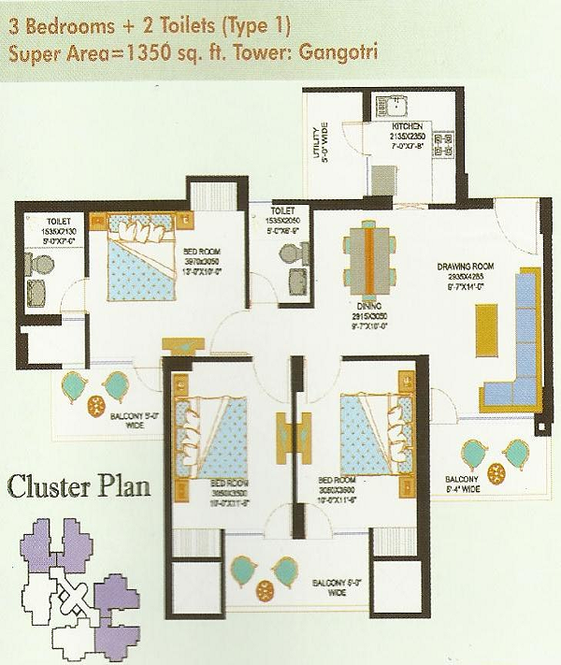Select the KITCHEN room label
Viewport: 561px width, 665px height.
(x=407, y=125)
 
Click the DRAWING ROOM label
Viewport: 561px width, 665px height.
(x=464, y=267)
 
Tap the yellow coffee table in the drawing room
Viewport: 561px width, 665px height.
(x=484, y=331)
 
